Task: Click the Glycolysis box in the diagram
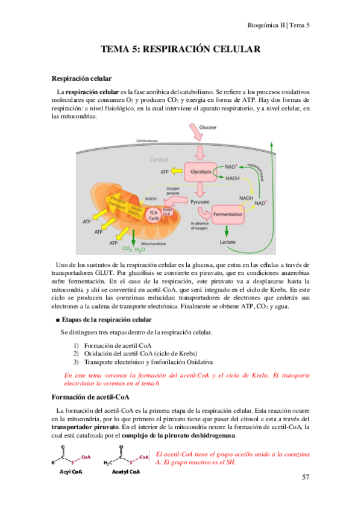tap(199, 172)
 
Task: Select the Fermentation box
tap(227, 214)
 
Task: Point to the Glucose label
tap(208, 128)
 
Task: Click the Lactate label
tap(227, 242)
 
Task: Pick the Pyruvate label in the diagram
tap(199, 202)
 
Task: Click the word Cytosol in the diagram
tap(161, 160)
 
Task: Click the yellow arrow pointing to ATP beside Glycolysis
tap(175, 172)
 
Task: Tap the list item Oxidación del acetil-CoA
tap(139, 353)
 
